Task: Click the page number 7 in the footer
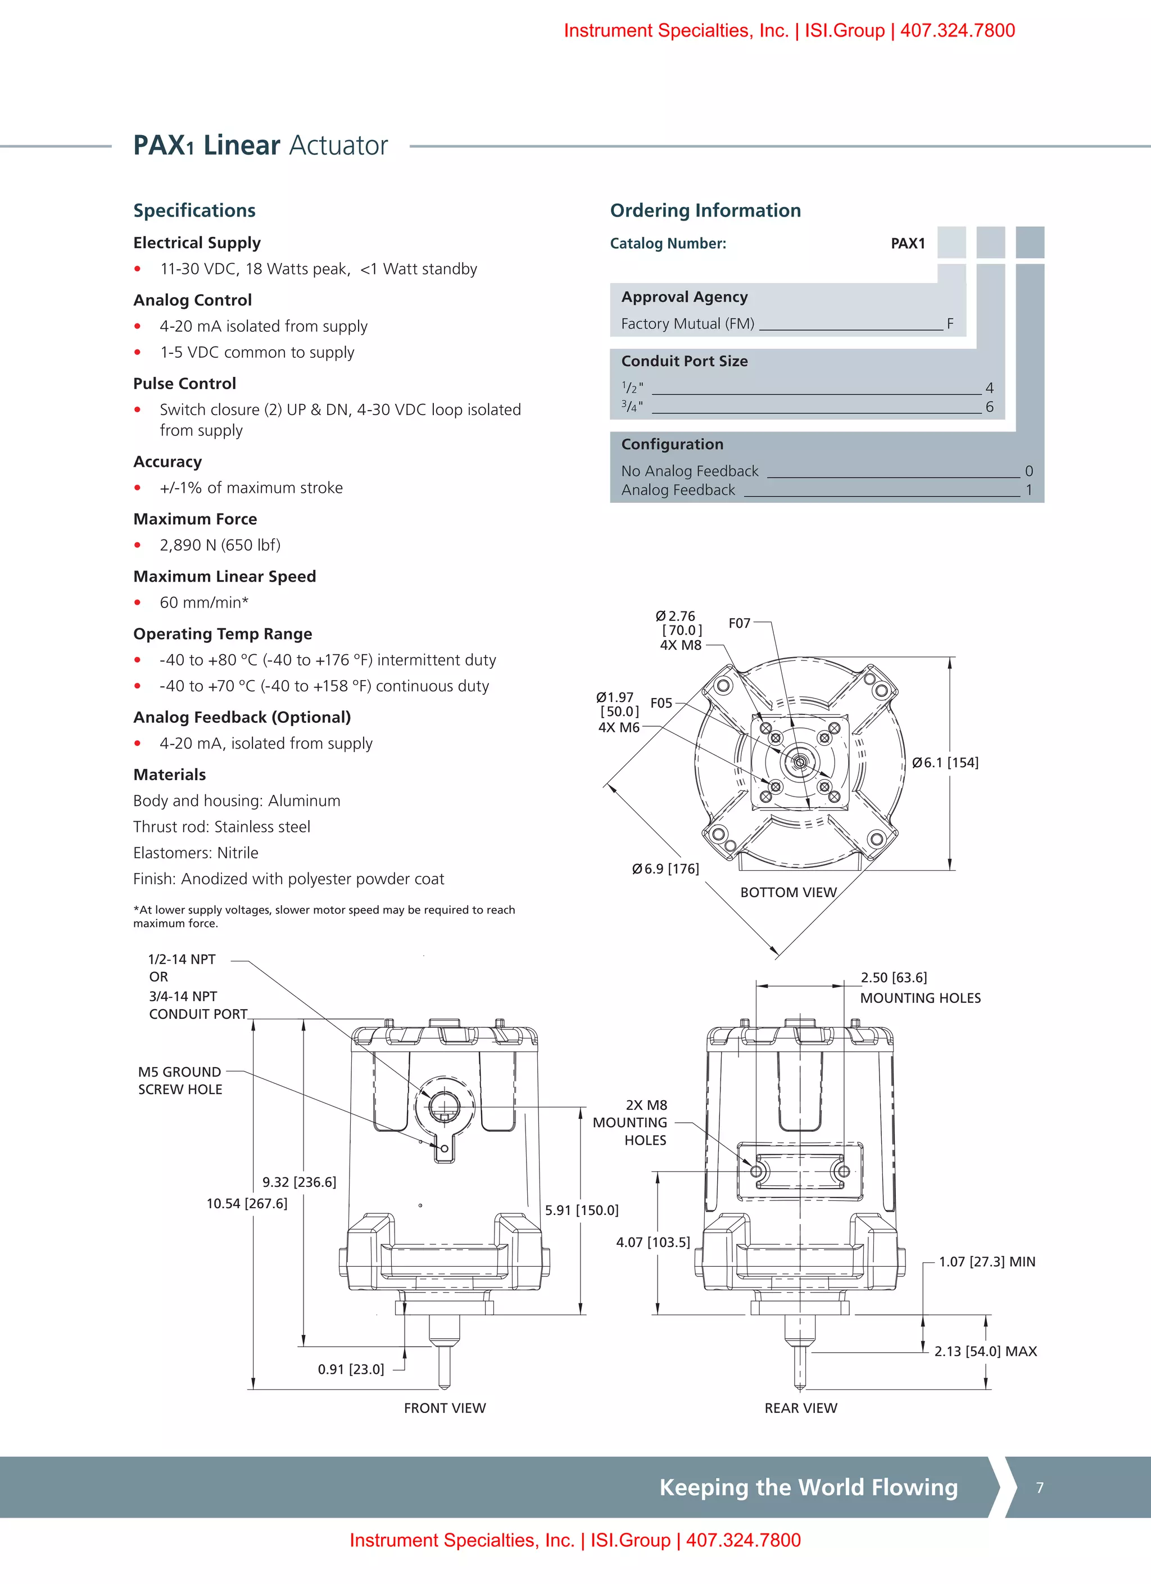[1039, 1488]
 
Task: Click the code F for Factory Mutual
[950, 324]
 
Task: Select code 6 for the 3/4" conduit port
[989, 407]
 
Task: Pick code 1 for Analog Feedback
[1028, 490]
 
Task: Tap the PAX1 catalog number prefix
[908, 244]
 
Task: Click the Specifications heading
[194, 210]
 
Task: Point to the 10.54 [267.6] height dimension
[246, 1203]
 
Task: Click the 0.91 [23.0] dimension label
[350, 1370]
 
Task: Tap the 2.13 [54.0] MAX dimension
[985, 1352]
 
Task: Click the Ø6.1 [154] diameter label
[945, 763]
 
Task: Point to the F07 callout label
[739, 623]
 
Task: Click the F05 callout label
[661, 703]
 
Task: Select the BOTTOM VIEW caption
[788, 893]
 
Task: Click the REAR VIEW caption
[801, 1408]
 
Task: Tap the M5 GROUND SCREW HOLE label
[180, 1081]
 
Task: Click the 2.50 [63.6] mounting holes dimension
[894, 978]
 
